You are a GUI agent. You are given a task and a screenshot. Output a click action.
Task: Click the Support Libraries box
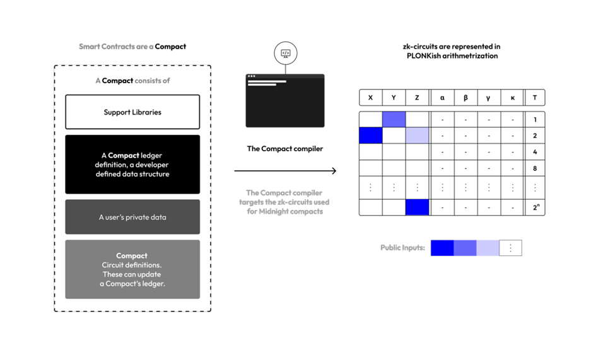click(x=132, y=112)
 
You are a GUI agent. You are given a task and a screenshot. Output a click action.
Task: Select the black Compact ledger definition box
click(x=132, y=165)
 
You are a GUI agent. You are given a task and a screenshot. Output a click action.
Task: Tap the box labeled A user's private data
click(x=132, y=217)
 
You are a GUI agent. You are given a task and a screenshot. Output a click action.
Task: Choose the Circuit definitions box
click(x=132, y=269)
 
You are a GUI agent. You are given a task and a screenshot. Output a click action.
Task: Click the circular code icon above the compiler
click(x=285, y=54)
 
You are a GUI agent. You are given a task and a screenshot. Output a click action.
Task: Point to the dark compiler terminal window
click(x=285, y=101)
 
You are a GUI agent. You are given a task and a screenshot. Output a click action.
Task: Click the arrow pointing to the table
click(x=285, y=170)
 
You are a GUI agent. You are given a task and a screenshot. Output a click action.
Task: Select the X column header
click(x=370, y=98)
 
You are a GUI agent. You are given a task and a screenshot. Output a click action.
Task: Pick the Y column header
click(x=394, y=98)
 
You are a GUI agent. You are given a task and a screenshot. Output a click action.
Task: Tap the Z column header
click(x=417, y=98)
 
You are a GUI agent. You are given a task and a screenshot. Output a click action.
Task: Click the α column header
click(x=442, y=98)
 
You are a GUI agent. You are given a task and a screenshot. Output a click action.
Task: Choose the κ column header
click(x=512, y=98)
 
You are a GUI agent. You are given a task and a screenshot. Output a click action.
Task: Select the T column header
click(x=535, y=98)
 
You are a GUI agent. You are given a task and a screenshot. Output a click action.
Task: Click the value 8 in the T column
click(x=535, y=168)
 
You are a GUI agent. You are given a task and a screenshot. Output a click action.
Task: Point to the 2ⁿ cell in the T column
click(x=535, y=207)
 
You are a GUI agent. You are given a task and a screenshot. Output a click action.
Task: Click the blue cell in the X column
click(x=370, y=136)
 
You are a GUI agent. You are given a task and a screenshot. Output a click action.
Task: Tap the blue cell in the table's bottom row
click(x=417, y=207)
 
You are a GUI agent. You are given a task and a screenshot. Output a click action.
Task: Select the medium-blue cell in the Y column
click(x=394, y=119)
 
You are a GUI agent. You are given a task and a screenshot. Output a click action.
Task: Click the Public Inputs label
click(x=402, y=248)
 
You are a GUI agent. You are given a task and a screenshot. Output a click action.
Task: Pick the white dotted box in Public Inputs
click(x=510, y=248)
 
